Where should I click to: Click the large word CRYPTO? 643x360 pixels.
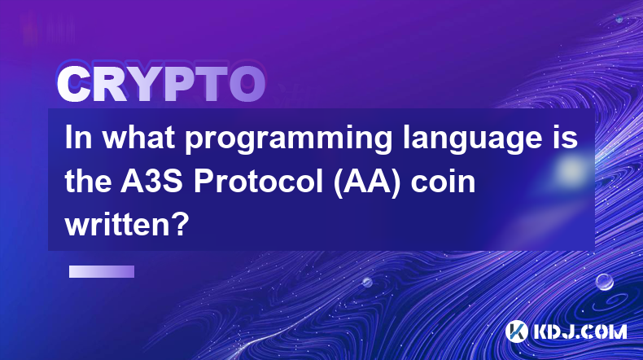[161, 84]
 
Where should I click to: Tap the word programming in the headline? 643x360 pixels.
[288, 140]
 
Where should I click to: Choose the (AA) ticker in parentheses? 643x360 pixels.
[367, 182]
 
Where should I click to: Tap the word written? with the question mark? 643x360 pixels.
[127, 225]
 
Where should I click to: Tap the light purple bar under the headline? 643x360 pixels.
[102, 272]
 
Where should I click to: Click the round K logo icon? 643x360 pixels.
[517, 331]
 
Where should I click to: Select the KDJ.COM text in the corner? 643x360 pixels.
[580, 331]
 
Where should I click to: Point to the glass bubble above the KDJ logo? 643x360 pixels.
[605, 282]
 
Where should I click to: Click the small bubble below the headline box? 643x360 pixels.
[367, 282]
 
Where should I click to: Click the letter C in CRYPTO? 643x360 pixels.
[73, 84]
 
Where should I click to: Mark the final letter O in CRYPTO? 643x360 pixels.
[247, 84]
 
